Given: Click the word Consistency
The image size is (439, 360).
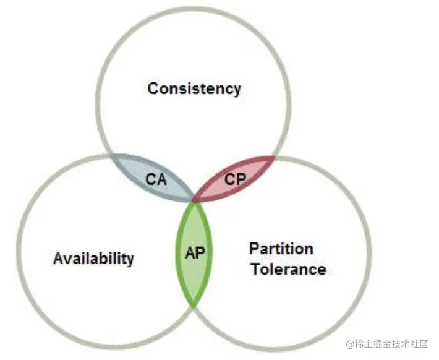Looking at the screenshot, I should (194, 88).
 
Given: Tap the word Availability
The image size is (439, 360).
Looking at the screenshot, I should (93, 258).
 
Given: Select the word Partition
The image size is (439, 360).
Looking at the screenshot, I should (281, 249).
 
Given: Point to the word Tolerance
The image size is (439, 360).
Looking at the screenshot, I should (288, 269).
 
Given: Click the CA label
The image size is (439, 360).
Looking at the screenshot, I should (156, 180).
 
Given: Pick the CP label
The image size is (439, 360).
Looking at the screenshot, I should (235, 179).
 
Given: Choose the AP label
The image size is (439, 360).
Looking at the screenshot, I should (195, 253).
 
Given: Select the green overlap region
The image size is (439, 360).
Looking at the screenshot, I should (195, 272).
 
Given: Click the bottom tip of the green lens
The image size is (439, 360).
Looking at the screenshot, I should (195, 306).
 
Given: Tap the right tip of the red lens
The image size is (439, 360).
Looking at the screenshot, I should (274, 157).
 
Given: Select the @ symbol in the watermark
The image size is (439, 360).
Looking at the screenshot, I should (350, 343).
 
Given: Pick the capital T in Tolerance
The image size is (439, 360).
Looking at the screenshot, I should (254, 269).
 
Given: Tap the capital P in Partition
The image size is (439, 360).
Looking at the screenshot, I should (254, 249).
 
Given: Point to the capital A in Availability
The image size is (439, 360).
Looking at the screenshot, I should (58, 258).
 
